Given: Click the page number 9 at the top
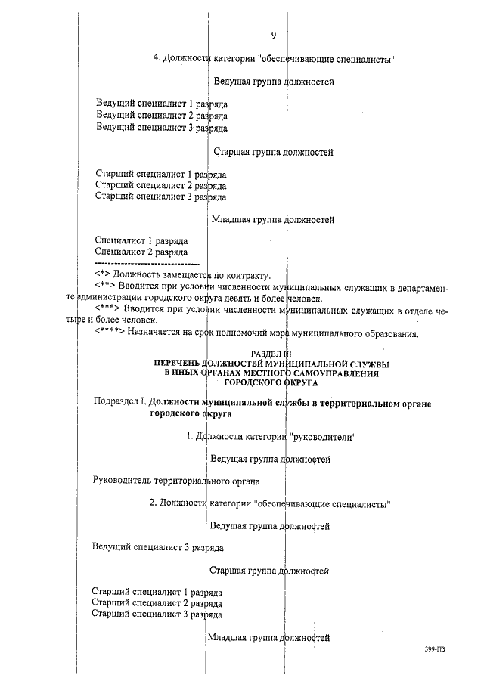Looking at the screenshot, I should point(273,35).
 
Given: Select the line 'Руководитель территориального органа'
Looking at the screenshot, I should point(176,481).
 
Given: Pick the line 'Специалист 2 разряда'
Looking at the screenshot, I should point(141,252).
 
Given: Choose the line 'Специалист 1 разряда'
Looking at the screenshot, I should point(141,240).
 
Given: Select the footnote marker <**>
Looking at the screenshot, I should point(106,287).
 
